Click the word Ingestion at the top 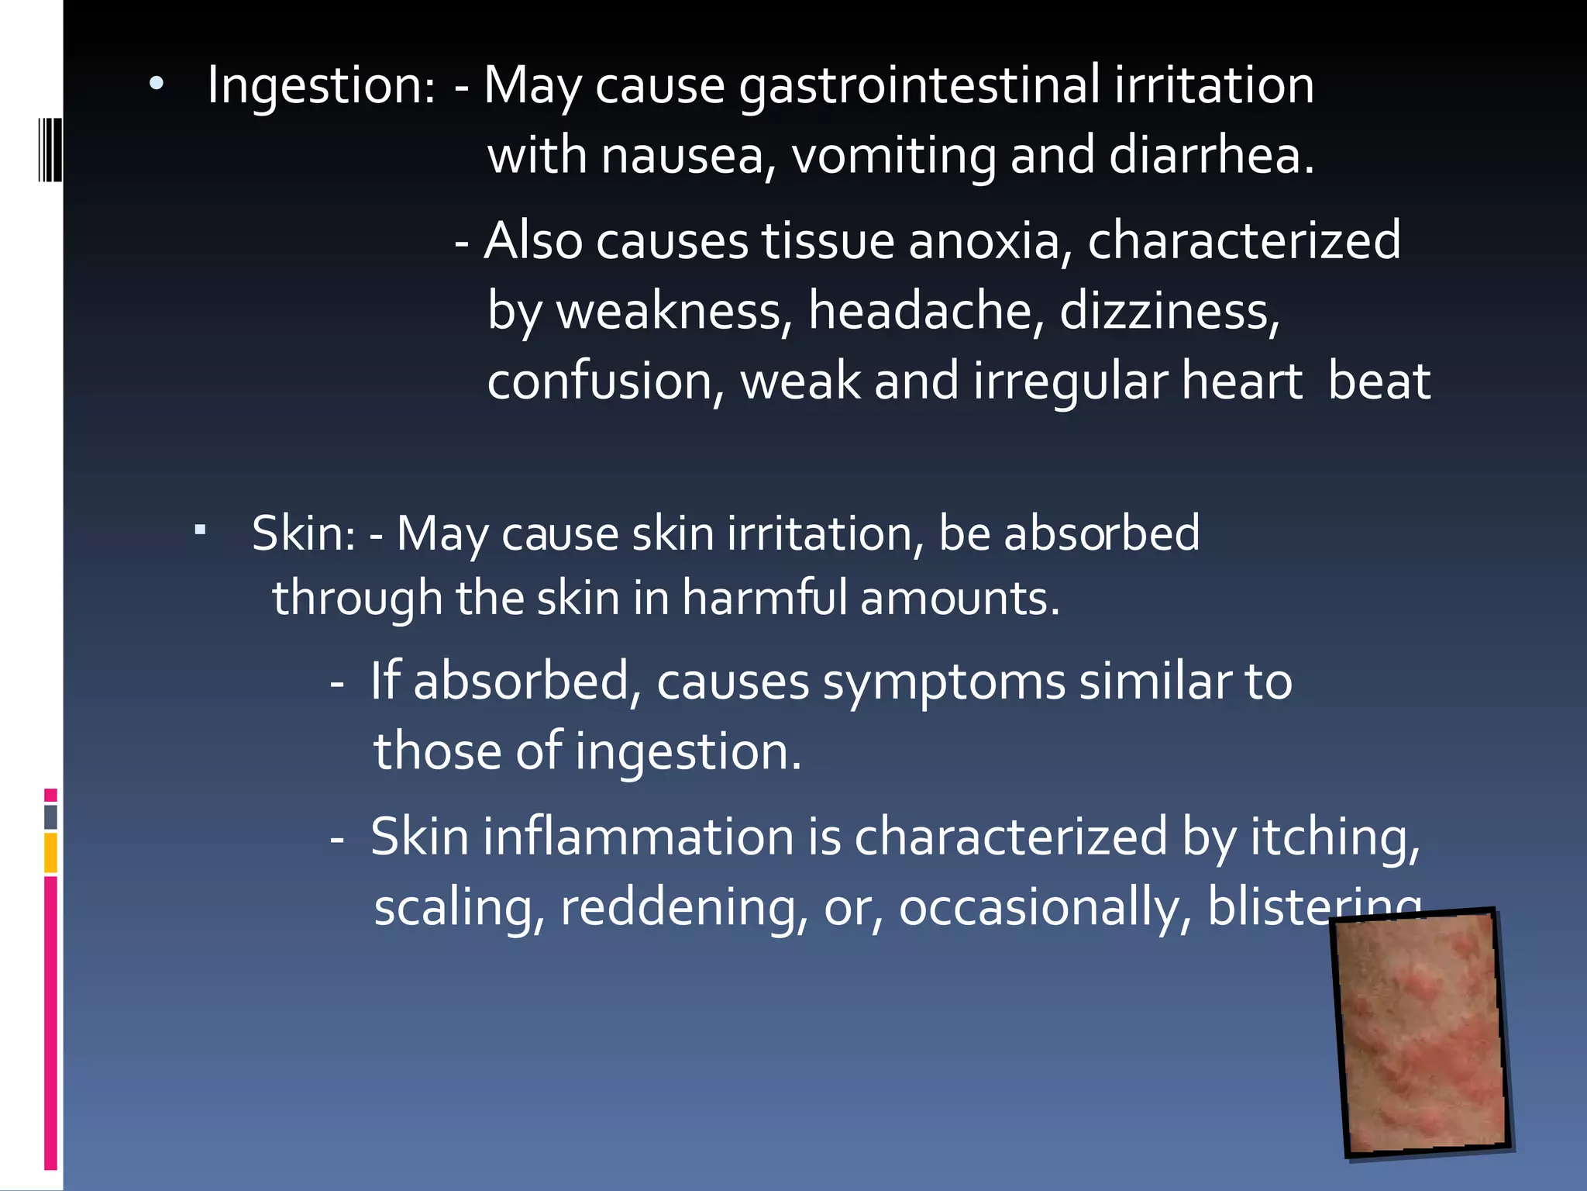pos(320,85)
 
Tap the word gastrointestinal pos(919,85)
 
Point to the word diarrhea pos(1211,156)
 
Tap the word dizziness pos(1169,311)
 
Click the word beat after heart pos(1379,381)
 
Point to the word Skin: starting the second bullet pos(304,534)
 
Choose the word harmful pos(764,599)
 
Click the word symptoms pos(944,682)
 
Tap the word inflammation pos(639,837)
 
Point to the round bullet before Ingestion pos(157,85)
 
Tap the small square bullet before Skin pos(200,531)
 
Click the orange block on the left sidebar pos(50,852)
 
